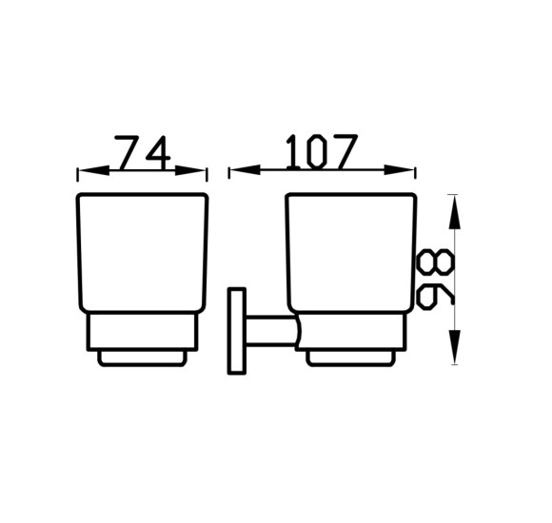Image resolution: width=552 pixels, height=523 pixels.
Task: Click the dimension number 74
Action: coord(143,153)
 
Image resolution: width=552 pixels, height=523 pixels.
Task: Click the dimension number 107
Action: coord(322,152)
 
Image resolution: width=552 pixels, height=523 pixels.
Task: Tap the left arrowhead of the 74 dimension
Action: coord(93,170)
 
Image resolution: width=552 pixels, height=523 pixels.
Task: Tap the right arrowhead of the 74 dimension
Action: coord(190,170)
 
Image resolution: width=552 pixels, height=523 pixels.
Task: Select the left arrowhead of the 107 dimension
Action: coord(245,170)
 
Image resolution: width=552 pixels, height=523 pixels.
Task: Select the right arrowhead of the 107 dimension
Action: coord(400,170)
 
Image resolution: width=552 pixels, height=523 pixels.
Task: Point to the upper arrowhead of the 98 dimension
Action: coord(454,212)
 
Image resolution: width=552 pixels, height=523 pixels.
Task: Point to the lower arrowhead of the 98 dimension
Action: coord(454,347)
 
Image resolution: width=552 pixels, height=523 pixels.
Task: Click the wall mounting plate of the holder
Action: coord(237,331)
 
